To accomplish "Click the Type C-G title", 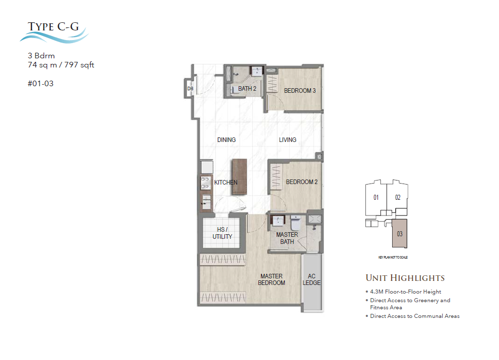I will click(x=53, y=26).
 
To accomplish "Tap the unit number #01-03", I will click(x=41, y=84).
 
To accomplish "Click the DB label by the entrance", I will click(x=190, y=89).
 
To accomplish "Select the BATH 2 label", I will click(x=247, y=89).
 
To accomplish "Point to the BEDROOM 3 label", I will click(x=300, y=91).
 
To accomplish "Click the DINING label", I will click(x=226, y=140).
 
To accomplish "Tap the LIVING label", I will click(x=287, y=140).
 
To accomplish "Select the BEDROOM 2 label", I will click(x=301, y=182).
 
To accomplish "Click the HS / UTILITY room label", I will click(x=222, y=233).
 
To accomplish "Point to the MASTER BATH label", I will click(x=287, y=238).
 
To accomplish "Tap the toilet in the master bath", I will click(x=296, y=223).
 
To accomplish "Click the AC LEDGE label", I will click(x=312, y=279).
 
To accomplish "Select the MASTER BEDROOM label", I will click(x=272, y=279).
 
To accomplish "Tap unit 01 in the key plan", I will click(x=376, y=198).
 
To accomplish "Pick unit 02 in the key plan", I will click(x=398, y=198).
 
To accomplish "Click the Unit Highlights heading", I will click(x=405, y=278).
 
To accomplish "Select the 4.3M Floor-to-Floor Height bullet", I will click(x=405, y=292).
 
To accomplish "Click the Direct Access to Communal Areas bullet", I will click(x=414, y=316).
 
